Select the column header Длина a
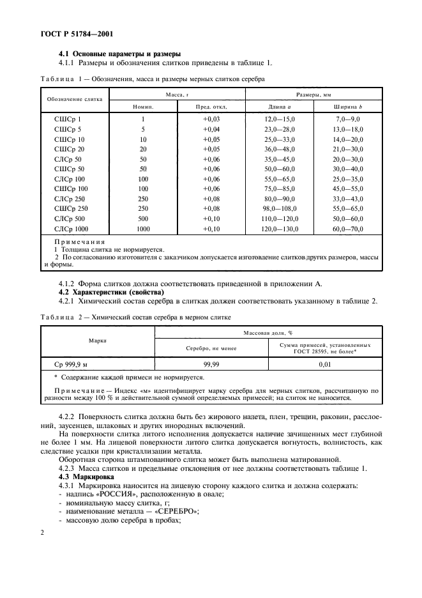point(277,107)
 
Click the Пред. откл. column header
point(211,107)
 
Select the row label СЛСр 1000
point(72,229)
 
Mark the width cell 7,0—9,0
point(349,119)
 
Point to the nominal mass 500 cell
point(143,219)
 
